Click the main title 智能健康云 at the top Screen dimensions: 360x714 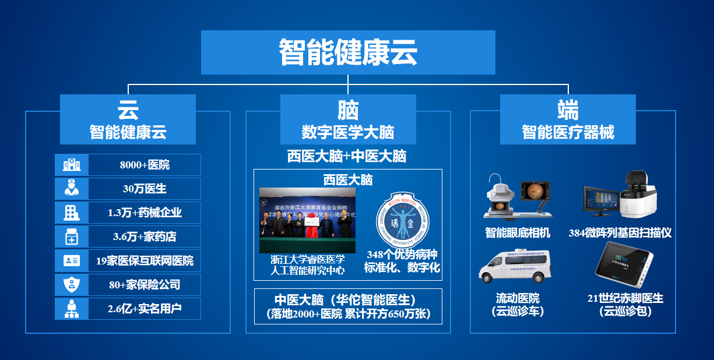pos(348,52)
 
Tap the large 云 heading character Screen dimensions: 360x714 pos(128,110)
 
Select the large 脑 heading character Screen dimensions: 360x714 pos(348,110)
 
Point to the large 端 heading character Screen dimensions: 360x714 pos(568,110)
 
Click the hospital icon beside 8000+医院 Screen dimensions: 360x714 pos(72,165)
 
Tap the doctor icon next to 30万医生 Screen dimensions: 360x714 pos(72,189)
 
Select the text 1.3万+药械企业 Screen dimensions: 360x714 pos(145,213)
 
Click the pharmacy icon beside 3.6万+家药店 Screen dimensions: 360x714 pos(72,237)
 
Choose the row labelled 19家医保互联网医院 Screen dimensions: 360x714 pos(145,260)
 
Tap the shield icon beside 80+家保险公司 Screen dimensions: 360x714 pos(72,285)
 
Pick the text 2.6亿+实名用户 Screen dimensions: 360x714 pos(145,309)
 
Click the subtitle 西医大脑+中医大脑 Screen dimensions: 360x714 pos(347,156)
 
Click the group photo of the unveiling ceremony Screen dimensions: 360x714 pos(307,220)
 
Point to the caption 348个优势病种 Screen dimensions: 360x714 pos(402,255)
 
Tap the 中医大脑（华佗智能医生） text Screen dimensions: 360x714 pos(347,300)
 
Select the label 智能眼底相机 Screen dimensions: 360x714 pos(518,233)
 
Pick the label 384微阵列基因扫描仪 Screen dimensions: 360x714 pos(620,233)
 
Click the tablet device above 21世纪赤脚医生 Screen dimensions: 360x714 pos(624,266)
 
